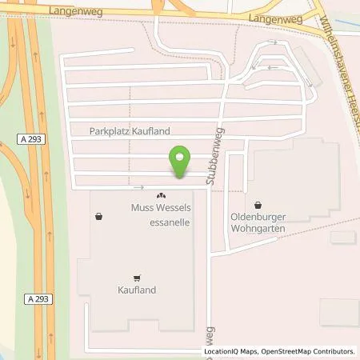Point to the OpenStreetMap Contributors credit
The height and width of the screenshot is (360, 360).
[310, 351]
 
